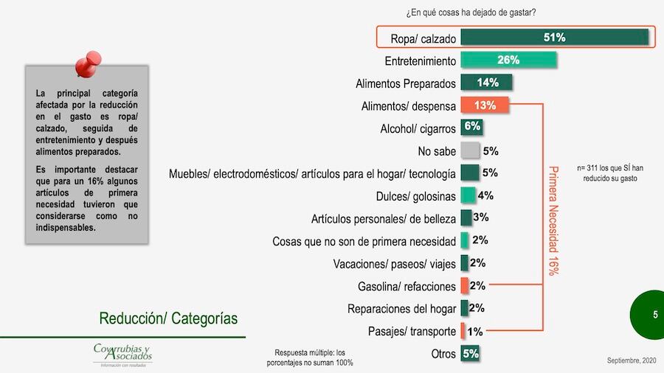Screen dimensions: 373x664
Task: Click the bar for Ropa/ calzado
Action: pos(554,38)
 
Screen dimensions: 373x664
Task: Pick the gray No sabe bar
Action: pos(470,151)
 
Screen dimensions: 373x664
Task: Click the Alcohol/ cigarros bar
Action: pos(472,128)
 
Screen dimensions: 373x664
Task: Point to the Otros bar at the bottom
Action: pos(471,353)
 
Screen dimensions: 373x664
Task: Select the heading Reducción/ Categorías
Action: pos(169,318)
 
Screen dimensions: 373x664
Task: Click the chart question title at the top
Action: pos(471,13)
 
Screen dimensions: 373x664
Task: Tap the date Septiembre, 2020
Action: pos(632,360)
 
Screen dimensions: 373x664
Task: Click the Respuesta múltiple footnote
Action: pos(310,357)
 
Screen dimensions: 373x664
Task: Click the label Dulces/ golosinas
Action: pos(415,196)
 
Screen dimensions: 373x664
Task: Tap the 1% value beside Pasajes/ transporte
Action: pos(476,332)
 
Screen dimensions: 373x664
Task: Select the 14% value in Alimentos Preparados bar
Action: pos(487,83)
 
